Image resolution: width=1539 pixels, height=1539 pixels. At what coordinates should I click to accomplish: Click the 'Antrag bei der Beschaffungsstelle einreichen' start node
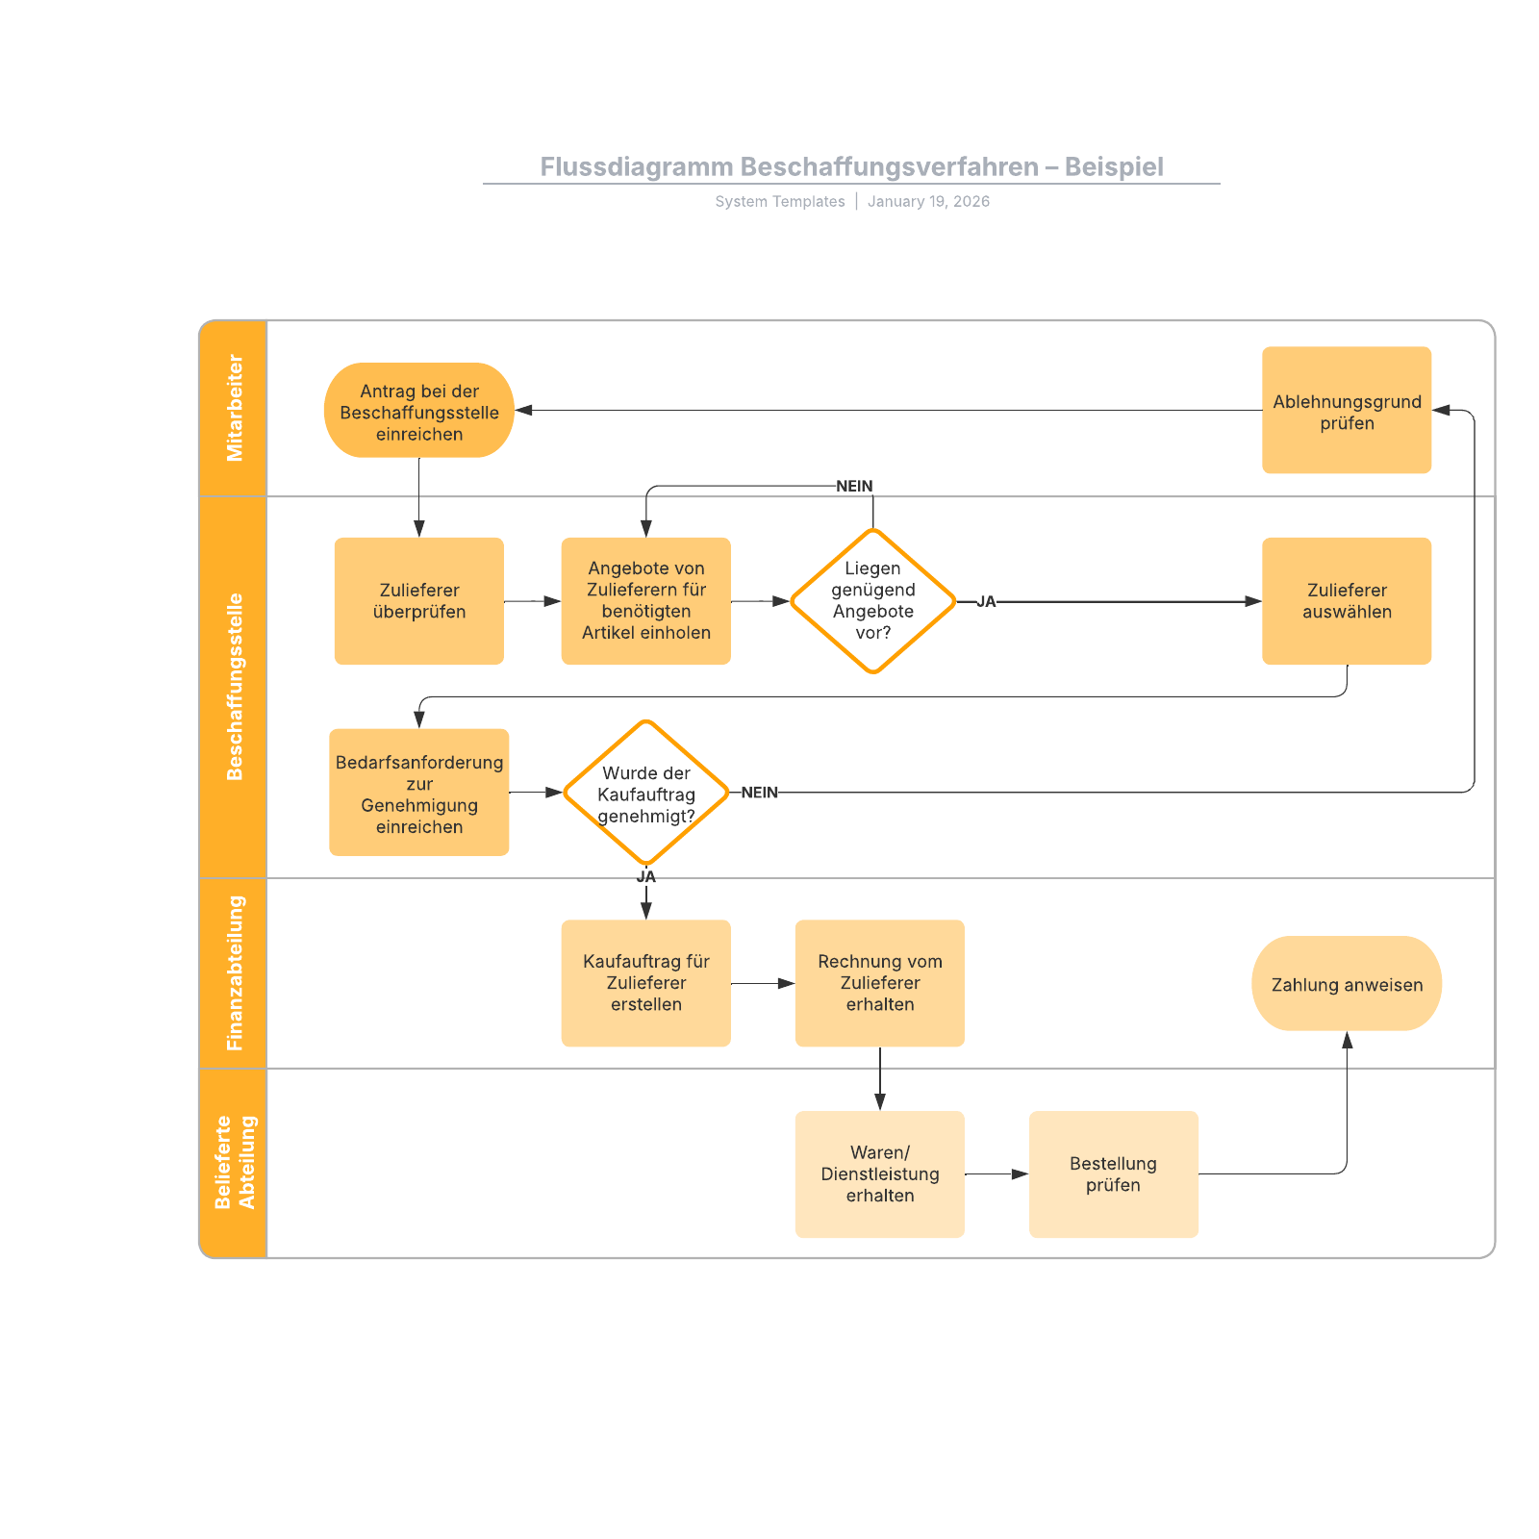point(418,411)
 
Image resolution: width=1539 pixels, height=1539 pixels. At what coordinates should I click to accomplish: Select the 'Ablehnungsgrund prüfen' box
point(1346,411)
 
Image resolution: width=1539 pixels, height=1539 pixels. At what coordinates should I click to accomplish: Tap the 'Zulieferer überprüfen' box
point(418,601)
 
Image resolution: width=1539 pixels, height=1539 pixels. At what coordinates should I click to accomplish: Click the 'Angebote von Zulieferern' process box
point(645,601)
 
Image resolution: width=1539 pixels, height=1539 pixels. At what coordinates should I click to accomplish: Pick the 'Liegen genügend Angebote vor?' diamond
point(872,601)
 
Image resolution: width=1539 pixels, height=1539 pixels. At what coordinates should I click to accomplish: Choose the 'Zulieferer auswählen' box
point(1346,601)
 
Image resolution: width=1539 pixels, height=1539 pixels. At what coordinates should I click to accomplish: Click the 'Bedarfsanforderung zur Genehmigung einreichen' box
point(418,793)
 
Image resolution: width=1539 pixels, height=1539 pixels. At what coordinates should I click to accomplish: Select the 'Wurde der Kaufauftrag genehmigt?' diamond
point(645,793)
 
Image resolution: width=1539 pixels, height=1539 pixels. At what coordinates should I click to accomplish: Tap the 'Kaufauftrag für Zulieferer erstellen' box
point(645,983)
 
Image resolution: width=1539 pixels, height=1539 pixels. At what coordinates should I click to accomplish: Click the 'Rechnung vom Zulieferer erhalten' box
point(879,983)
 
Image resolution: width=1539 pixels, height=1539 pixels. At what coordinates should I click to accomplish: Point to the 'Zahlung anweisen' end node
point(1346,984)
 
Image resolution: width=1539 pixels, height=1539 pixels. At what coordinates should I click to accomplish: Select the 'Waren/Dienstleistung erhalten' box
point(879,1173)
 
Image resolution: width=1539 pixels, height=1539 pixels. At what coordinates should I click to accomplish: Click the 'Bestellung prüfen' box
point(1113,1173)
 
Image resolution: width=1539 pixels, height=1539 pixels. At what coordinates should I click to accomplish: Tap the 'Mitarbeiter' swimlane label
point(234,409)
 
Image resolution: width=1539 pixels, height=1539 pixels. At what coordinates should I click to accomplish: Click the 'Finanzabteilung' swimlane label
point(234,972)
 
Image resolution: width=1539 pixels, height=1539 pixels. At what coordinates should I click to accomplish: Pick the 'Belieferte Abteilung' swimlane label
point(234,1162)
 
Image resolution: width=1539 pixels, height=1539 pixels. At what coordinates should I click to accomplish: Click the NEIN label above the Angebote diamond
point(854,486)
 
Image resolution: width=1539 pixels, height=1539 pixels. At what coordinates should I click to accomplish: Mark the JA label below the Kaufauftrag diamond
point(645,876)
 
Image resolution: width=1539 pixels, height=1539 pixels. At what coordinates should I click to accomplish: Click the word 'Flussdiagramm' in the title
point(636,167)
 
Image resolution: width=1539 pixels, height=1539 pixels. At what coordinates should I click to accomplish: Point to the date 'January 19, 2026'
point(928,201)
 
